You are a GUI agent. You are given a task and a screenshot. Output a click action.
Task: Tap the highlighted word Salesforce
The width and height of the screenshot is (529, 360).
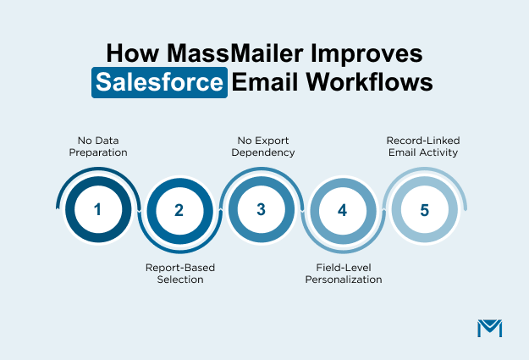(x=160, y=84)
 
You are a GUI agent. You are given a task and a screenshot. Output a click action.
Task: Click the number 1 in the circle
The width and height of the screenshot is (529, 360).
(x=97, y=208)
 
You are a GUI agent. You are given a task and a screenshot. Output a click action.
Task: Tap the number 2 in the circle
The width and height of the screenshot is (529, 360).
(x=179, y=211)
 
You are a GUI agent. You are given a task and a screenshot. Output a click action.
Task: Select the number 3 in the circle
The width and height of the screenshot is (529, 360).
(x=261, y=208)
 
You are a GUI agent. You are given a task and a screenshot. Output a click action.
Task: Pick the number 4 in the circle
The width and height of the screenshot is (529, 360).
(x=342, y=211)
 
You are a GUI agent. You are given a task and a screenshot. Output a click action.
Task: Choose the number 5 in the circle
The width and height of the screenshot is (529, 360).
(x=423, y=208)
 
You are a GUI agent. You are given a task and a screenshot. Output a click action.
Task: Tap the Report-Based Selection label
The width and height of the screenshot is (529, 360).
(x=179, y=274)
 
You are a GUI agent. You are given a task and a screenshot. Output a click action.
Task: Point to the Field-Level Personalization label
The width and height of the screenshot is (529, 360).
(x=343, y=274)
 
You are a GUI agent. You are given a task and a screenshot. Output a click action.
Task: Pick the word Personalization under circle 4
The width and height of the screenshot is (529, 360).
(x=343, y=280)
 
